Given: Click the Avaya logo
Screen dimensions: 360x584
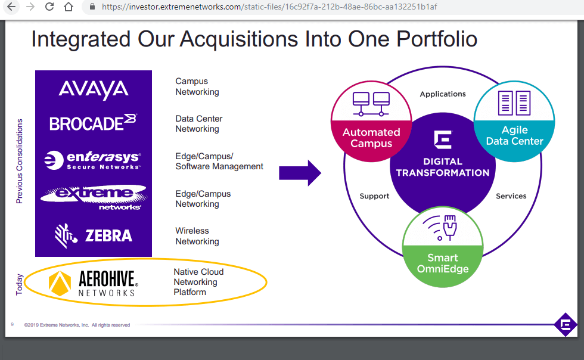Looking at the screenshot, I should pyautogui.click(x=94, y=90).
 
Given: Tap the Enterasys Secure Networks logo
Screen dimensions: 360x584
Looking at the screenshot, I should pyautogui.click(x=93, y=160).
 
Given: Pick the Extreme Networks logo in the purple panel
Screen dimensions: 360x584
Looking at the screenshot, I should pyautogui.click(x=93, y=197).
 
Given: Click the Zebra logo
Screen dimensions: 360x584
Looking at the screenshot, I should pyautogui.click(x=93, y=235).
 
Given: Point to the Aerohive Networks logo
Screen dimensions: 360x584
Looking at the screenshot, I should pyautogui.click(x=93, y=283).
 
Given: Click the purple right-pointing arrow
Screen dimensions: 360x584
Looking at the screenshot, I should pyautogui.click(x=300, y=173).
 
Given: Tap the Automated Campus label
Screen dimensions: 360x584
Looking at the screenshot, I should pyautogui.click(x=371, y=138).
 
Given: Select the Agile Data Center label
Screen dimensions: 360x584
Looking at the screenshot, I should pyautogui.click(x=514, y=135).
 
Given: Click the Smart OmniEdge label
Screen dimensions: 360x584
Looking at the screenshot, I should pyautogui.click(x=443, y=263).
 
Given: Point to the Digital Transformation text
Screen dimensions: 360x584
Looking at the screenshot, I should pyautogui.click(x=442, y=167).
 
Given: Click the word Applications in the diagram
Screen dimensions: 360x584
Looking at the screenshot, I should pyautogui.click(x=443, y=94).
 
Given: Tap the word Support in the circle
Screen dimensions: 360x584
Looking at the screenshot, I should pyautogui.click(x=374, y=196).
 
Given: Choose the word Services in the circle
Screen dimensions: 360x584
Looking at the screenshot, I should pyautogui.click(x=511, y=196).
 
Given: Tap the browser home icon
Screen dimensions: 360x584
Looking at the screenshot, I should pyautogui.click(x=69, y=7).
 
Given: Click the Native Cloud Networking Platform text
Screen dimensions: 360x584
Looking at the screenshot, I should pyautogui.click(x=198, y=282).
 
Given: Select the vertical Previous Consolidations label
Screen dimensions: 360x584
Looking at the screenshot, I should pyautogui.click(x=19, y=161).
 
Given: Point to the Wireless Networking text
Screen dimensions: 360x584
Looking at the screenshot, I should pyautogui.click(x=197, y=236).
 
